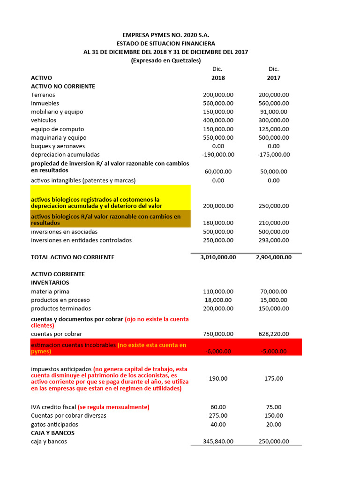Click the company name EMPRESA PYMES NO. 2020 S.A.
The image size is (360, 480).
(165, 35)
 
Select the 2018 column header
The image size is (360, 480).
(218, 78)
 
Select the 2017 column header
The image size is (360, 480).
(274, 78)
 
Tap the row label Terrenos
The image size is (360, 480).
(43, 95)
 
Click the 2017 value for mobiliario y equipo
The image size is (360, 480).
(274, 112)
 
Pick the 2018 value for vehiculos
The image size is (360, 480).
(218, 120)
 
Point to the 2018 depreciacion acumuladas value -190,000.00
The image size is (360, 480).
(218, 155)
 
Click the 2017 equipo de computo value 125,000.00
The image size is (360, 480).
(274, 129)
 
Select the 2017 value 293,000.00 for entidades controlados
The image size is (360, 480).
(274, 240)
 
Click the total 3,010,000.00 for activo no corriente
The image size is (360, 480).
(218, 257)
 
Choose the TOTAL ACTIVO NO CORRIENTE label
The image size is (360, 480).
(73, 257)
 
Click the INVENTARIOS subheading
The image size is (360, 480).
(50, 283)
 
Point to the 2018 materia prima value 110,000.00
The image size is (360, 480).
(218, 292)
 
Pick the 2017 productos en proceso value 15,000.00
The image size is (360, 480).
(274, 300)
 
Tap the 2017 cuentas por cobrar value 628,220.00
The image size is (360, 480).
(274, 334)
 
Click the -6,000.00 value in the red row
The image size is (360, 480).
(218, 352)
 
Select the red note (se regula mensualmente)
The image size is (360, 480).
(113, 407)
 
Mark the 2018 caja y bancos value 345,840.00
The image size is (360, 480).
(218, 442)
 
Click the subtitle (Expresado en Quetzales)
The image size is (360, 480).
(165, 60)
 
